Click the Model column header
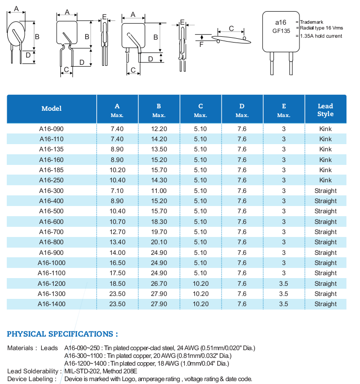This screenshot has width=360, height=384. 51,109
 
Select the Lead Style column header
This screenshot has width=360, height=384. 325,110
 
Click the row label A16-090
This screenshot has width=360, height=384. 51,129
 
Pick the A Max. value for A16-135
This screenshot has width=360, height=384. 117,149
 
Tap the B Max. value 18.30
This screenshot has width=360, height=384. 159,222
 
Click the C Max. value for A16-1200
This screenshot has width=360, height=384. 200,283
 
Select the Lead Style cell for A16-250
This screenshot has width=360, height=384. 325,180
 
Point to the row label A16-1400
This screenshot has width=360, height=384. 51,304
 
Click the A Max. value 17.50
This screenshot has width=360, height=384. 117,273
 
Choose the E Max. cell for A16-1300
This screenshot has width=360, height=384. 284,294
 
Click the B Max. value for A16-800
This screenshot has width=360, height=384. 159,242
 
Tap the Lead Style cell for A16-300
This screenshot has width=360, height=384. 325,191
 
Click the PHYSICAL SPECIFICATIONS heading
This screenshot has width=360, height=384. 62,334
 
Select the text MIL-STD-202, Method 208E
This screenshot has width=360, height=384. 101,371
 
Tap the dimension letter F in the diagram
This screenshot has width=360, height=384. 201,44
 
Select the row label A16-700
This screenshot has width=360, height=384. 51,232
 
